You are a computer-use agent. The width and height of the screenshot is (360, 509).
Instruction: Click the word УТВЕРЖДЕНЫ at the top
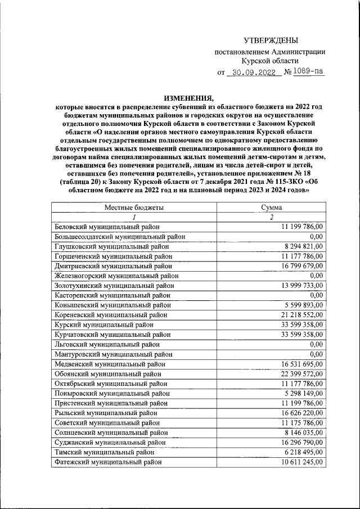[271, 40]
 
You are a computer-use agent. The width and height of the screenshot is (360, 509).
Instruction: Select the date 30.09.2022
[251, 73]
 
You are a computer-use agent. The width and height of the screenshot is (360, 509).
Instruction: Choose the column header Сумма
[271, 208]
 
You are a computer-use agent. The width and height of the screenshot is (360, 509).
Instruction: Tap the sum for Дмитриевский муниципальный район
[301, 265]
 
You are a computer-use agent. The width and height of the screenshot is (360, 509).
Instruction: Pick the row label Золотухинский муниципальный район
[114, 285]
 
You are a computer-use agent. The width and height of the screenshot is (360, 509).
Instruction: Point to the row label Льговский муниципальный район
[107, 344]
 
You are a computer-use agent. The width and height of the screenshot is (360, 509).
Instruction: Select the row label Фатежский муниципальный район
[108, 462]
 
